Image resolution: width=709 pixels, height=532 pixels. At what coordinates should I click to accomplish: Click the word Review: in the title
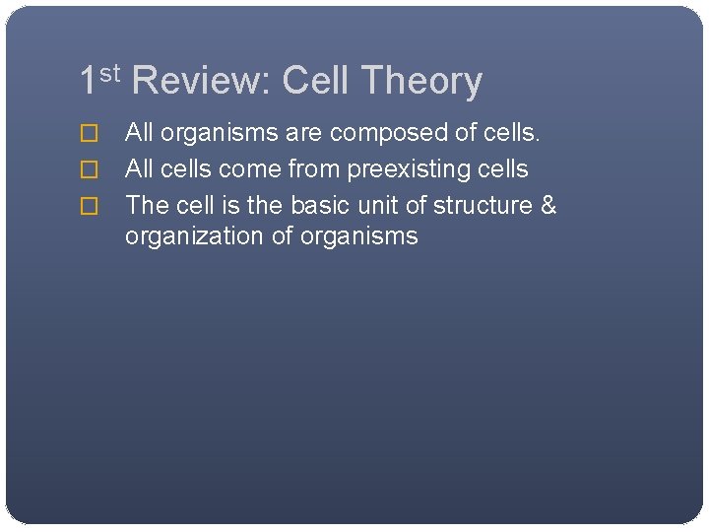(200, 81)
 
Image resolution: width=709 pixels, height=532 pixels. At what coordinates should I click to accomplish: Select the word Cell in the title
(315, 81)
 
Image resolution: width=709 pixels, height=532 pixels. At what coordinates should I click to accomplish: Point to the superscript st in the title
(110, 72)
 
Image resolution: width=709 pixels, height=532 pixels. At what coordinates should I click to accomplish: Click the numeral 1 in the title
(89, 81)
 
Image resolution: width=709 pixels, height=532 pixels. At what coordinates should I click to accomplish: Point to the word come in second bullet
(253, 169)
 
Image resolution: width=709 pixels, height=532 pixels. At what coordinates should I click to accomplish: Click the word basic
(321, 206)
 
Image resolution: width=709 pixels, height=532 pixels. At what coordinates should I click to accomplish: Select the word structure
(483, 206)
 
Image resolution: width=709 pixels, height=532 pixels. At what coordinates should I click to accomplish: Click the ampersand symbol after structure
(548, 206)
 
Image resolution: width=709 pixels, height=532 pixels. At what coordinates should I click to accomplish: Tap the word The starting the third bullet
(148, 206)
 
